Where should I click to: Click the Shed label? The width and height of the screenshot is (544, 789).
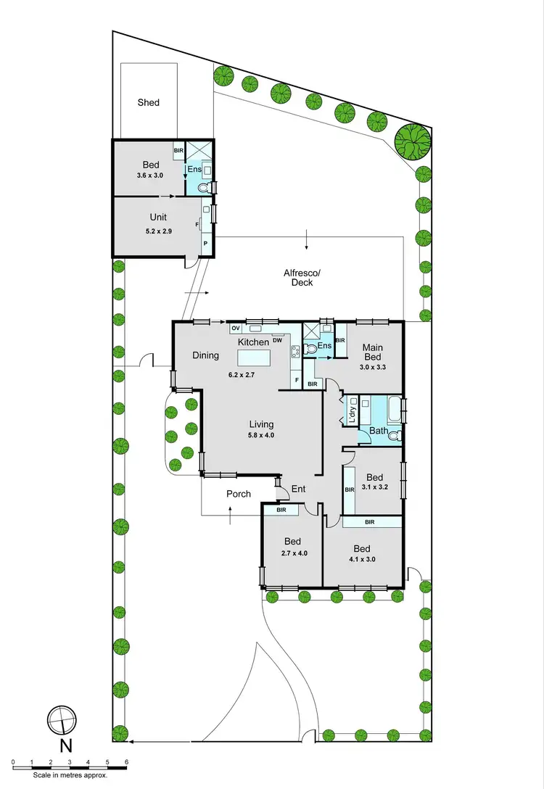click(149, 103)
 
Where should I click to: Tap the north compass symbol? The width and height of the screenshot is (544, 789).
click(61, 720)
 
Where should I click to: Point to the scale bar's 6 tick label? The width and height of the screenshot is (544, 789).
click(126, 763)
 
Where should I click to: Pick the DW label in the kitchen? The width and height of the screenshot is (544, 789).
click(278, 341)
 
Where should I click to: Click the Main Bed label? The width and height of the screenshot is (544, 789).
click(372, 352)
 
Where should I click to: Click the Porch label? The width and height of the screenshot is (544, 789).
click(239, 494)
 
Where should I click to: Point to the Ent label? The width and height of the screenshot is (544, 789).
click(298, 489)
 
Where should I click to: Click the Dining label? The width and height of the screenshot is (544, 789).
click(206, 355)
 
